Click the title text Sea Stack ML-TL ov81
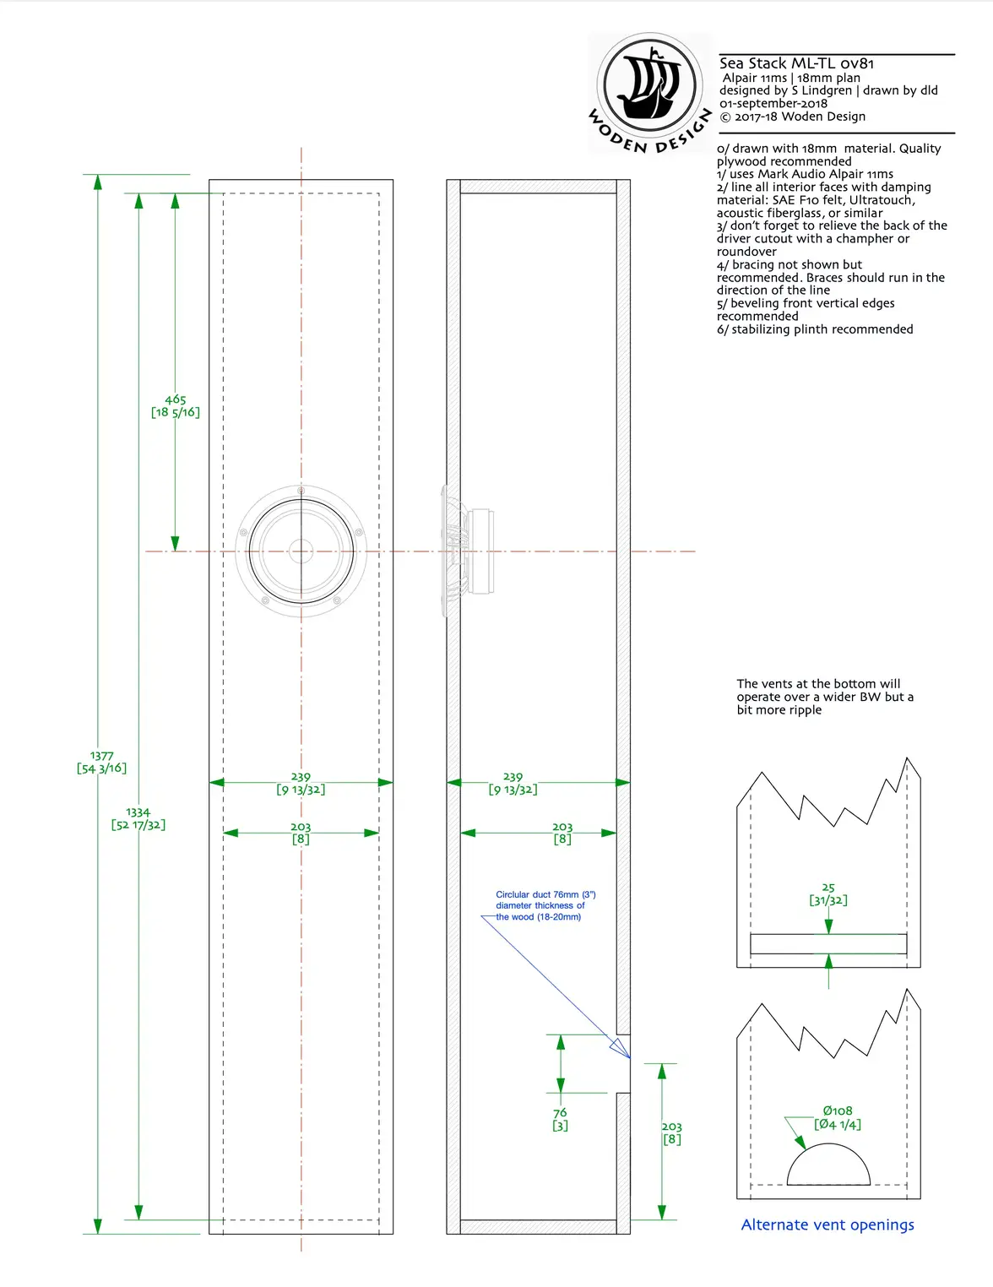tap(796, 63)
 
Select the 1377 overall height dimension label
tap(101, 762)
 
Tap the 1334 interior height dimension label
tap(138, 818)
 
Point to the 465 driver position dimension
tap(176, 406)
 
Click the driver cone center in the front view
tap(301, 551)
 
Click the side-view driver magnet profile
tap(480, 551)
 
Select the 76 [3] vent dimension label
tap(560, 1119)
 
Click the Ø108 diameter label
tap(838, 1117)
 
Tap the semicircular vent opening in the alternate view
tap(828, 1167)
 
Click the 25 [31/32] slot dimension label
tap(828, 893)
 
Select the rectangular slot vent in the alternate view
tap(828, 944)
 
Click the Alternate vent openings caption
tap(827, 1225)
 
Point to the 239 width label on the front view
tap(301, 783)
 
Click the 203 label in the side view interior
tap(562, 833)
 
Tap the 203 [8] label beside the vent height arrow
tap(672, 1132)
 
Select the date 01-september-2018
tap(773, 103)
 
